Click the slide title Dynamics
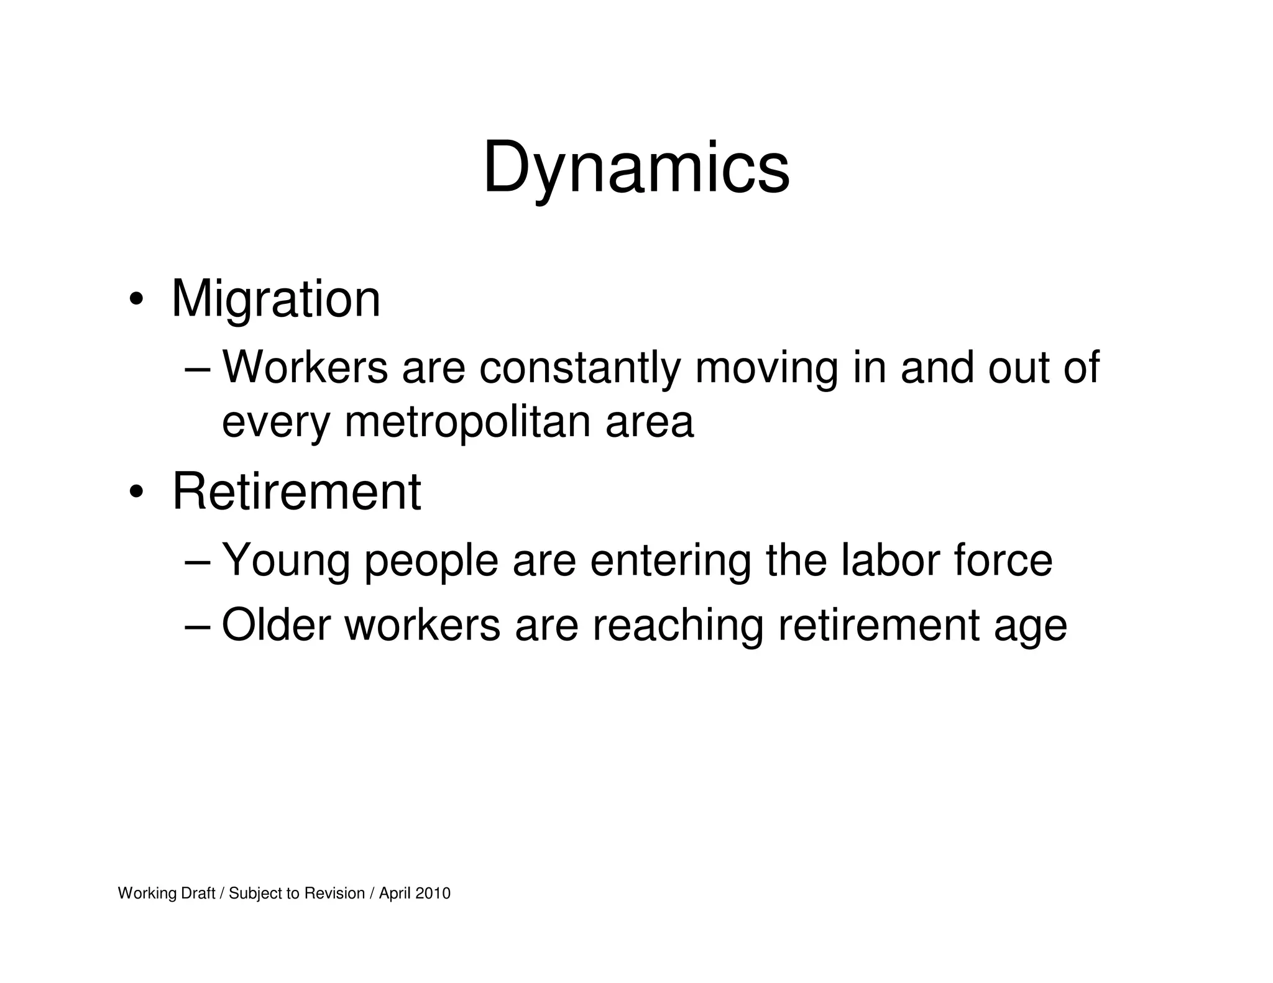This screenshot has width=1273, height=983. pos(636,168)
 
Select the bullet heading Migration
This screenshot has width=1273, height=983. pos(275,299)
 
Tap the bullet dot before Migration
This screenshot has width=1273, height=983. pos(136,301)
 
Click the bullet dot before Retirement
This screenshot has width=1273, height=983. pos(136,493)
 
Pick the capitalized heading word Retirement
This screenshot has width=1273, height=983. pos(296,492)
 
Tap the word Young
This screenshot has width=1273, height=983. pos(286,562)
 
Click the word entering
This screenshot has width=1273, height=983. pos(670,562)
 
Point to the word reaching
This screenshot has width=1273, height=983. pos(678,626)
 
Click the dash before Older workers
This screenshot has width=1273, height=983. pos(198,627)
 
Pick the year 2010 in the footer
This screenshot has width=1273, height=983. pos(433,894)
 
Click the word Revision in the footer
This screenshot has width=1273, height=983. pos(334,894)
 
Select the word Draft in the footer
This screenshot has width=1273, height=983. pos(198,894)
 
